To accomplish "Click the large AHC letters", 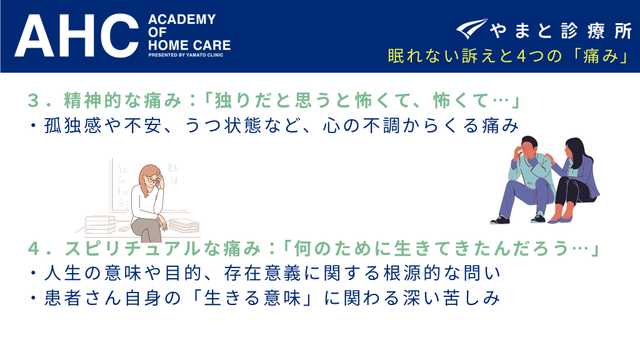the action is (77, 36).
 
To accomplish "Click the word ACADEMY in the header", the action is (182, 19).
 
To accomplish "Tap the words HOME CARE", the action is (189, 45).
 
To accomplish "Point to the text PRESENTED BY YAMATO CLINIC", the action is (186, 55).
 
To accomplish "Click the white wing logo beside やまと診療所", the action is (471, 29).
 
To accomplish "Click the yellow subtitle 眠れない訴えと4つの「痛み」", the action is (509, 56).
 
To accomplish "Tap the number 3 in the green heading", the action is (33, 101).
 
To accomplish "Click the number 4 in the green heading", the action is (34, 249).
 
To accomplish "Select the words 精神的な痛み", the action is (122, 101).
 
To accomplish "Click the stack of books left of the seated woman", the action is (100, 224).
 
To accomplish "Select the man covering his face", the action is (524, 180).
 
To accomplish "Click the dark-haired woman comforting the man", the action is (573, 180).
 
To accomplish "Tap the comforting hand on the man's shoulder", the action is (549, 158).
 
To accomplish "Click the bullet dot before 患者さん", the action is (34, 298).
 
